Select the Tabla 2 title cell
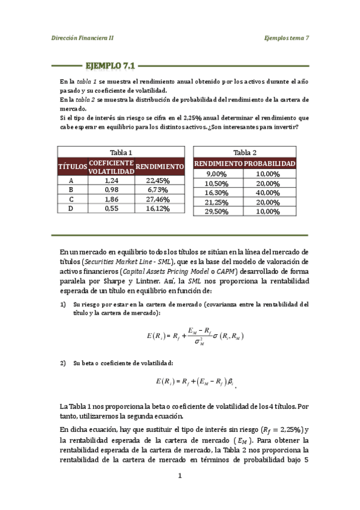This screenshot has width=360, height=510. click(245, 153)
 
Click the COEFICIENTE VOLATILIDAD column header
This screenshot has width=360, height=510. click(111, 167)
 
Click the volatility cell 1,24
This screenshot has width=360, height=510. click(111, 180)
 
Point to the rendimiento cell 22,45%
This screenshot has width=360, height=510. click(158, 180)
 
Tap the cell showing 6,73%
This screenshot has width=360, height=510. click(158, 189)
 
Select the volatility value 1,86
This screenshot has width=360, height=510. click(111, 199)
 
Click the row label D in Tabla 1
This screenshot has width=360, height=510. click(72, 208)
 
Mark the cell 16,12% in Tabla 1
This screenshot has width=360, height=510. click(158, 208)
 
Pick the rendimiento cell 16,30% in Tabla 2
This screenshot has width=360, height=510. click(218, 193)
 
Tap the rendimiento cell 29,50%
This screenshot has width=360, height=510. click(218, 212)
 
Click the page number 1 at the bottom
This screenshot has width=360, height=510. click(179, 477)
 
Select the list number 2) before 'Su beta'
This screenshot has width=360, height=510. click(63, 363)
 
